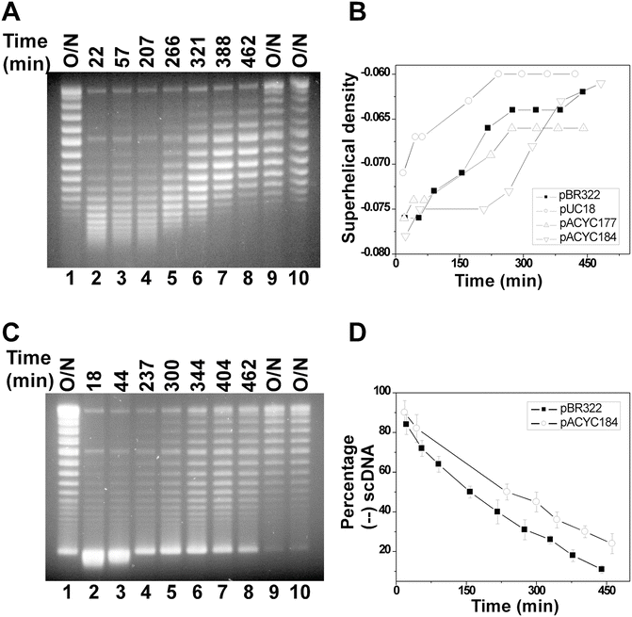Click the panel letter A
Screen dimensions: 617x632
coord(15,12)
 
